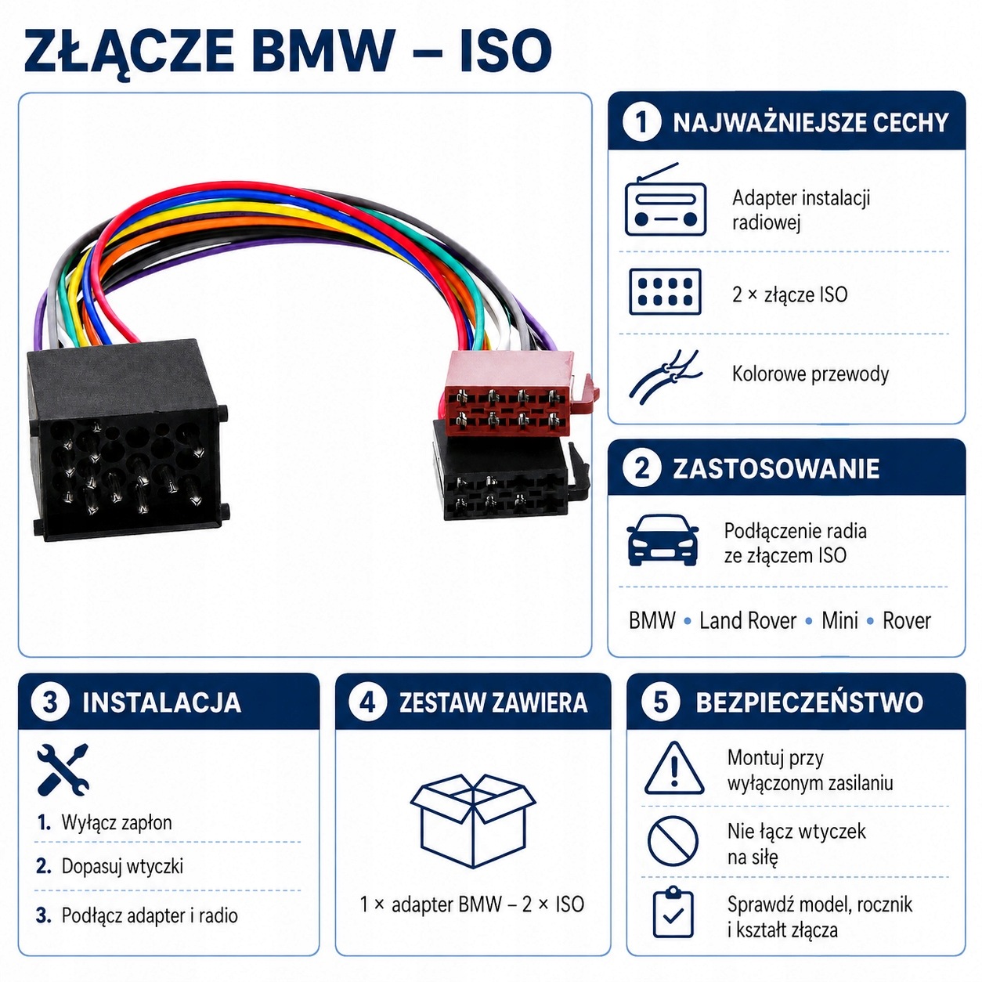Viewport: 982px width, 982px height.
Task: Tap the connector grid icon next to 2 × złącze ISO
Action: click(665, 292)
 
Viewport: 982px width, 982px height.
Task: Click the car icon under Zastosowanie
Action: click(662, 540)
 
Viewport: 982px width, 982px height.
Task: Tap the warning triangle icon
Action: click(673, 769)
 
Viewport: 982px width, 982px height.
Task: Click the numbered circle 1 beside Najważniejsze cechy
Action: click(641, 122)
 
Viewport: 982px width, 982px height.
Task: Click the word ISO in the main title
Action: click(506, 51)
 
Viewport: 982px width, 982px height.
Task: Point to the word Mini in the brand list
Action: click(839, 621)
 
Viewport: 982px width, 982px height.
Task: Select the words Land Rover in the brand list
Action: click(748, 621)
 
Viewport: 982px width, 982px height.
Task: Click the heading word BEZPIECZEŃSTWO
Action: click(809, 702)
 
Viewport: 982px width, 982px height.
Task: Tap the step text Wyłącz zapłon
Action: click(117, 822)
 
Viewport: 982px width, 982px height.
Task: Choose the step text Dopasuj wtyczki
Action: click(122, 866)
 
